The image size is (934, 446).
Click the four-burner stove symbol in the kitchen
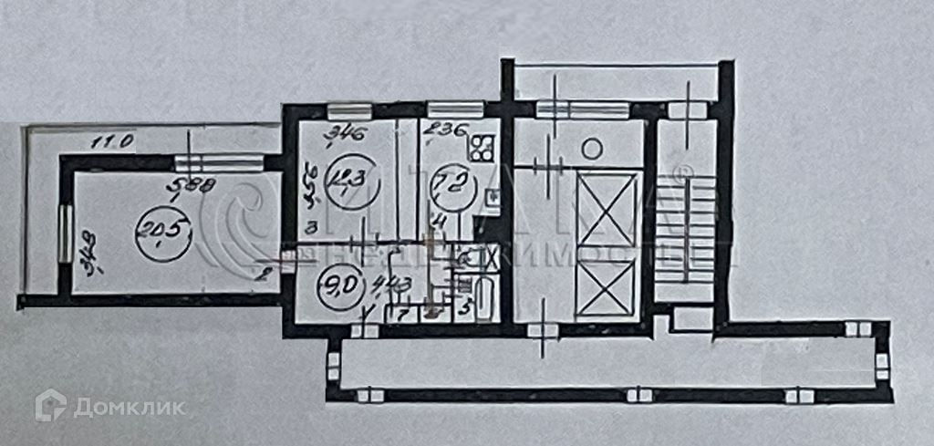482,144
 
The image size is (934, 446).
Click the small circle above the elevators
592,146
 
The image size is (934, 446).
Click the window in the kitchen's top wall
444,110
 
